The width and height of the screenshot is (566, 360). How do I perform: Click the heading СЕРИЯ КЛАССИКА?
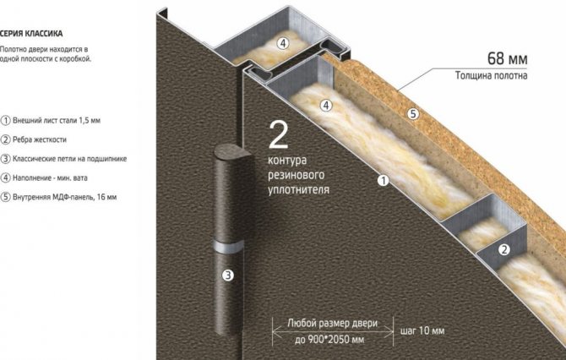[31, 34]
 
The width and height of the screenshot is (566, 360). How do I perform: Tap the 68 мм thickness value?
[507, 58]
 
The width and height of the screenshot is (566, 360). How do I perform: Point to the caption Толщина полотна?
[491, 75]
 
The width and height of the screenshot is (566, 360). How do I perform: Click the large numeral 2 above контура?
[279, 135]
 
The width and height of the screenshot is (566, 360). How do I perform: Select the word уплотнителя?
[298, 190]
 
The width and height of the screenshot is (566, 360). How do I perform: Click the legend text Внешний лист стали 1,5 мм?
[57, 120]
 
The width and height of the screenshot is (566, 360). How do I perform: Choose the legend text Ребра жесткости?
[40, 139]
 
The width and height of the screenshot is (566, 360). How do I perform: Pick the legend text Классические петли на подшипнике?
[69, 159]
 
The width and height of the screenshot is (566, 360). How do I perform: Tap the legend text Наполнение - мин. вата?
[50, 177]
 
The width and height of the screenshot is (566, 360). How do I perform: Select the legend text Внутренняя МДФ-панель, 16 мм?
[64, 197]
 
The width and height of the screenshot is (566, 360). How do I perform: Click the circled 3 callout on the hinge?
[228, 275]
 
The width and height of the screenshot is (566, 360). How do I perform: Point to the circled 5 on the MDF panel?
[413, 114]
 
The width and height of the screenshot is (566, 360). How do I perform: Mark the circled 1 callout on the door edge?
[384, 180]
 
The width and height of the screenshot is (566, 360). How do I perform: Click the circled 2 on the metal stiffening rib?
[504, 249]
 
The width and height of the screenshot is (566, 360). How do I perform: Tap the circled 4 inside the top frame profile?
[283, 43]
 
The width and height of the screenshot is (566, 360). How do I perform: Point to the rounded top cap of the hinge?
[233, 151]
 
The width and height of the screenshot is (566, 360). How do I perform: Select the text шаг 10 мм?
[422, 330]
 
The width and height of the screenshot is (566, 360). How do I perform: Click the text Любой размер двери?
[333, 323]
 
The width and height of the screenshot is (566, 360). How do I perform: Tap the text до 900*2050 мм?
[329, 340]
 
